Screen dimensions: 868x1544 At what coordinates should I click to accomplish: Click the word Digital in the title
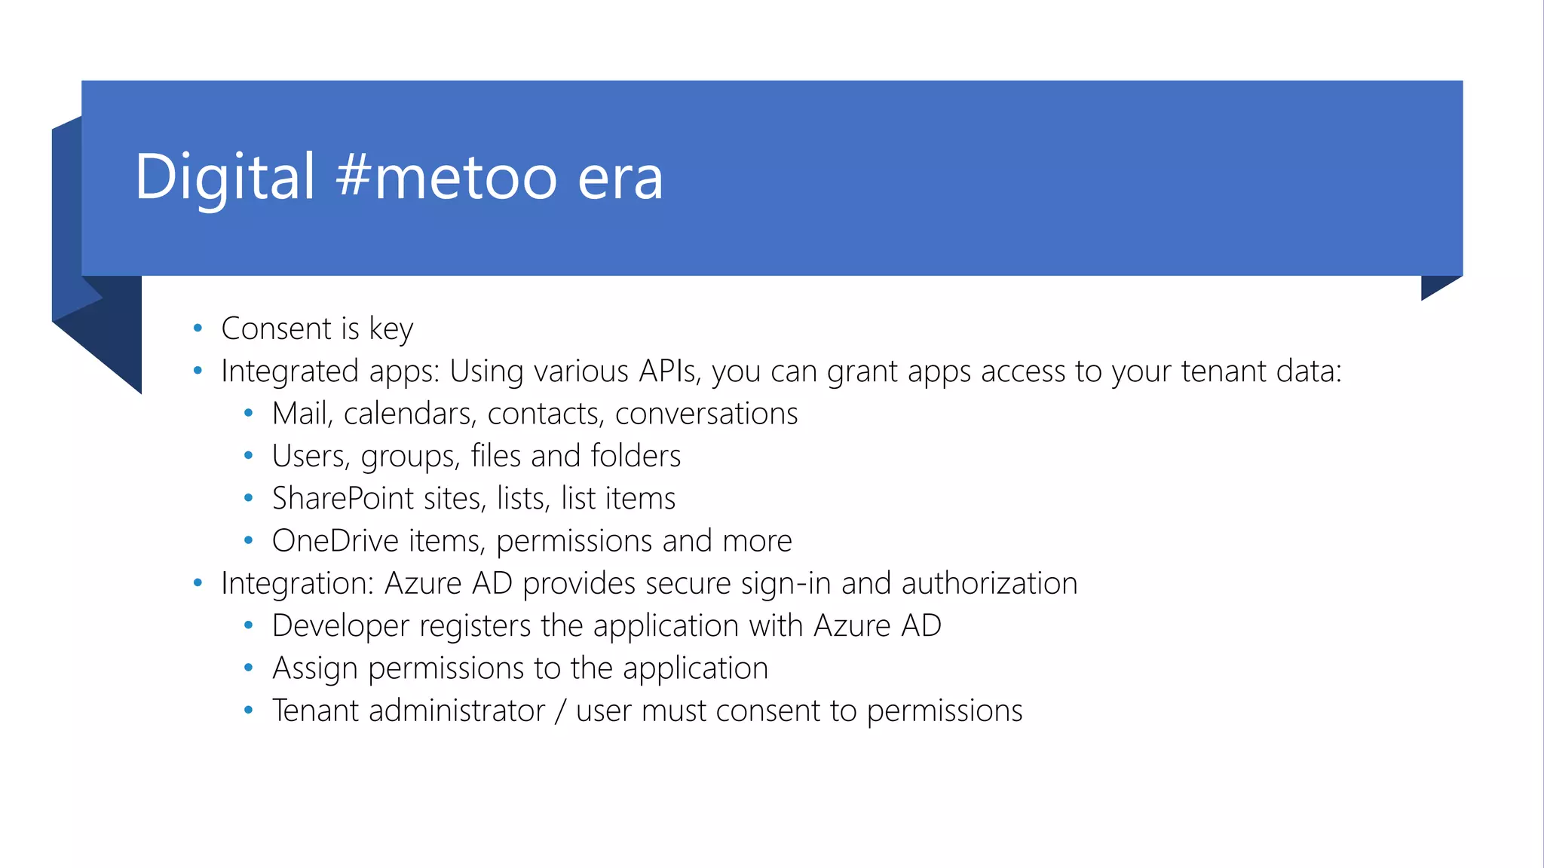[x=224, y=178]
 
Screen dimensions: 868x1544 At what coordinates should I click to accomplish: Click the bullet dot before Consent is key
[x=198, y=328]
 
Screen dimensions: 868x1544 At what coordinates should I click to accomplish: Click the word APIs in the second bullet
[x=668, y=371]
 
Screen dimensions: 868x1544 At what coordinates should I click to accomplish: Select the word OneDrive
[x=335, y=541]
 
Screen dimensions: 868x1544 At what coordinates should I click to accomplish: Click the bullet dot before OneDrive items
[x=249, y=540]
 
